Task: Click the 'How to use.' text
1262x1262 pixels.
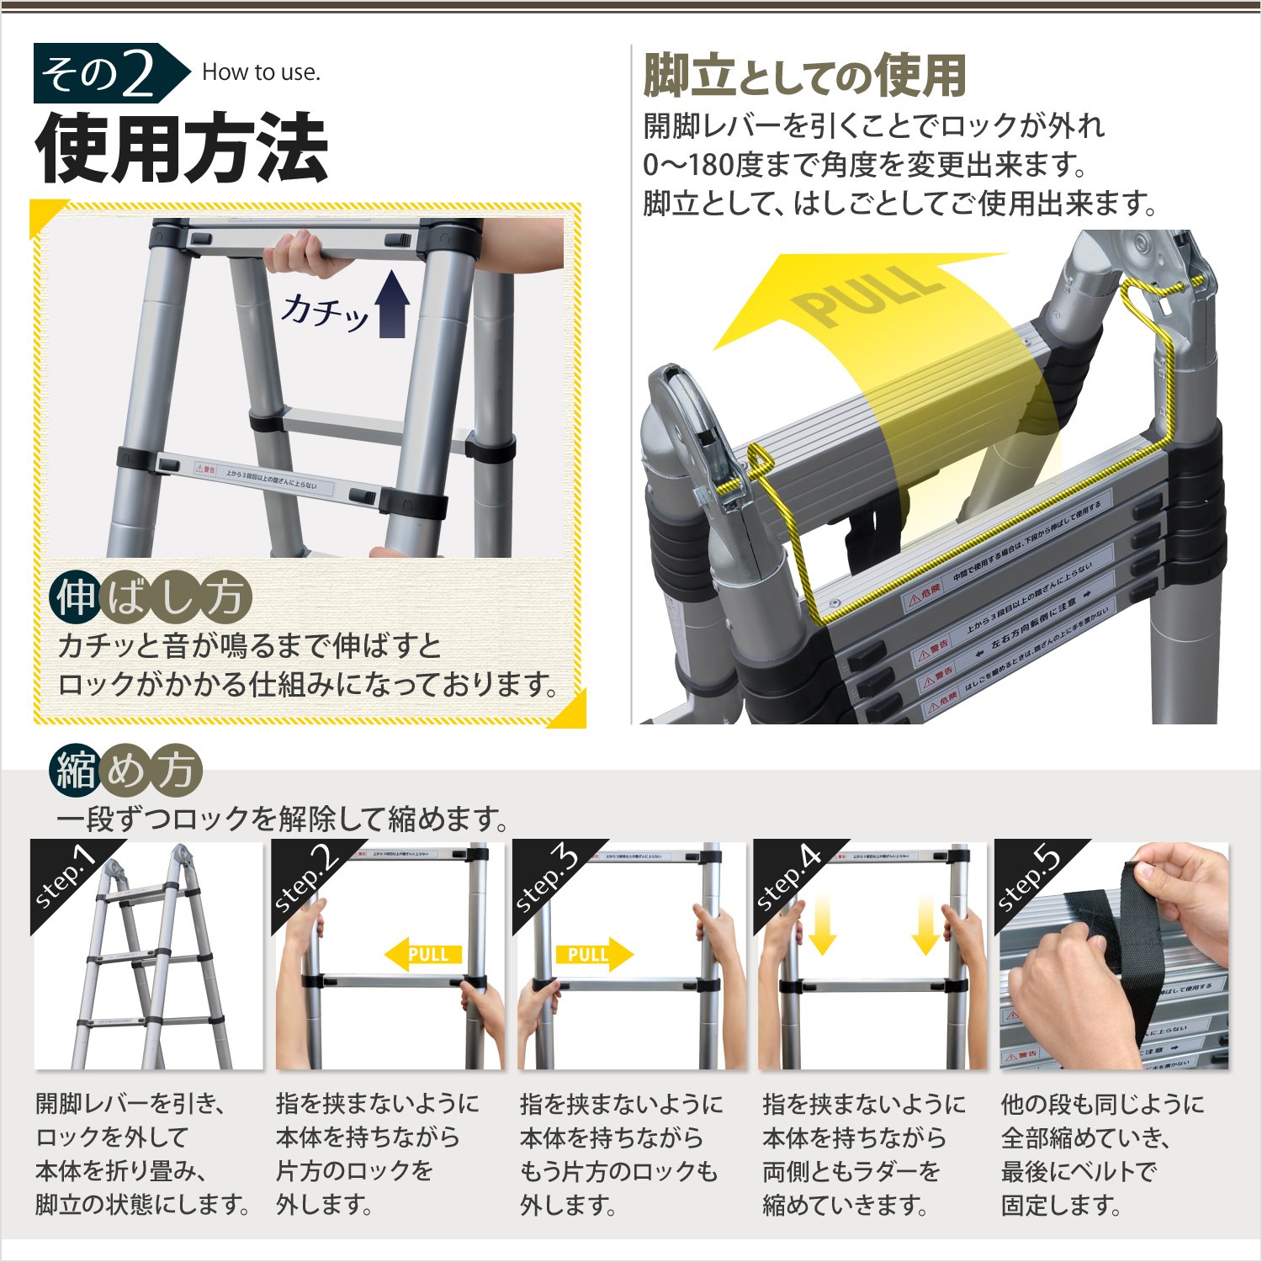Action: (261, 72)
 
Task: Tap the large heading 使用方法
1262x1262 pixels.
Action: (181, 149)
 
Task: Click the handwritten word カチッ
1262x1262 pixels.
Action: (324, 312)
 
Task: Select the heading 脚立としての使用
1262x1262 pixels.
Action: (804, 77)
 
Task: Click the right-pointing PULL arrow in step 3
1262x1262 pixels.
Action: (594, 954)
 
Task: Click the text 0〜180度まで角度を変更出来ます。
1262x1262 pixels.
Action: (867, 164)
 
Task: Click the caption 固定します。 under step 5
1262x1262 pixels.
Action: (1061, 1205)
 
